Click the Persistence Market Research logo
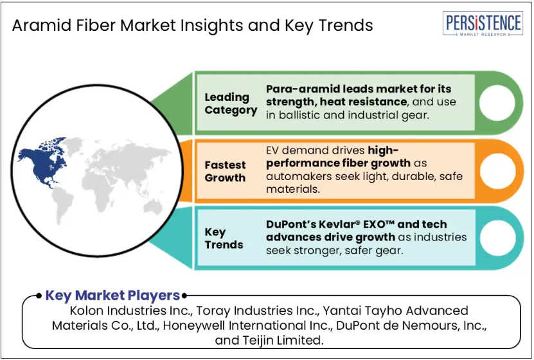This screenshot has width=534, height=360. [483, 24]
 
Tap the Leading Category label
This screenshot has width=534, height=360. [231, 104]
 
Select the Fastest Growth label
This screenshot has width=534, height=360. [225, 171]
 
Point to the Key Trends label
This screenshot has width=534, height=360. [224, 239]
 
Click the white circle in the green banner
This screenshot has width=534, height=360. [497, 103]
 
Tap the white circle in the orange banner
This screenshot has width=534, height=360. [498, 171]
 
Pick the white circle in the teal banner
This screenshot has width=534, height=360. [498, 238]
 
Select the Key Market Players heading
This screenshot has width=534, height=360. [112, 296]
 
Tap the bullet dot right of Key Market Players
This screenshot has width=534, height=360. [184, 296]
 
